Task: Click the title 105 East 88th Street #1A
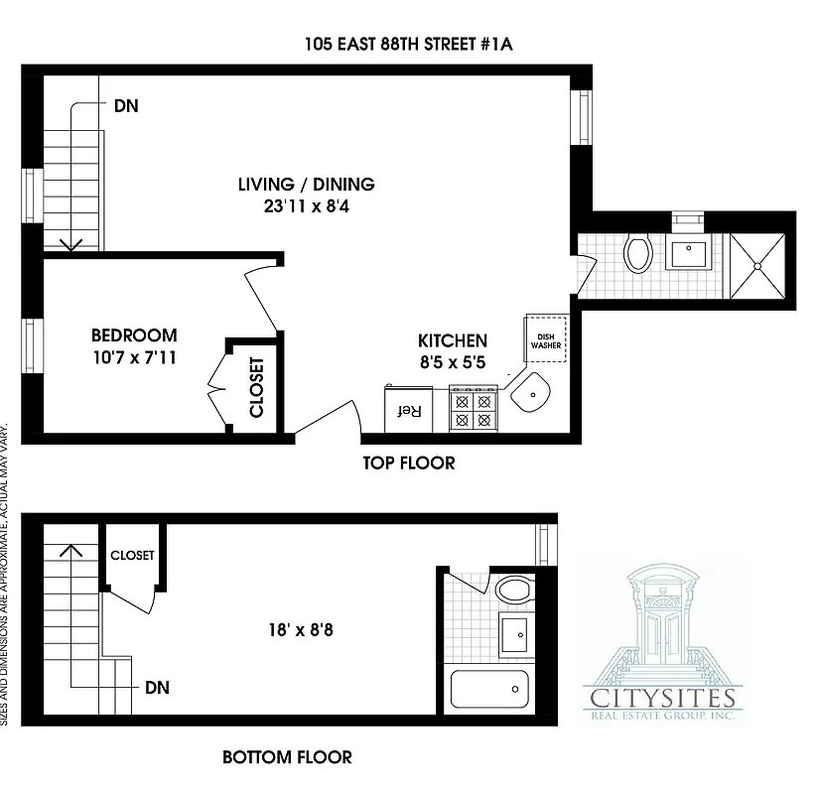click(x=409, y=44)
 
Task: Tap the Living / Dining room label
click(x=306, y=184)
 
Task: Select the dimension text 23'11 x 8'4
click(x=306, y=208)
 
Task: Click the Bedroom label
click(x=134, y=335)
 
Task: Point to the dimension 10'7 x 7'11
click(x=134, y=358)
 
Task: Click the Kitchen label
click(x=453, y=340)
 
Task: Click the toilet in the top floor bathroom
click(x=637, y=254)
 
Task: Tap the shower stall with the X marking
click(x=759, y=265)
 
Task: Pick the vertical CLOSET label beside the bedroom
click(x=256, y=386)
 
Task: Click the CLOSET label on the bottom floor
click(x=132, y=556)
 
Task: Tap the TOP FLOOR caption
click(x=408, y=463)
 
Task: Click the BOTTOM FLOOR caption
click(x=287, y=757)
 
